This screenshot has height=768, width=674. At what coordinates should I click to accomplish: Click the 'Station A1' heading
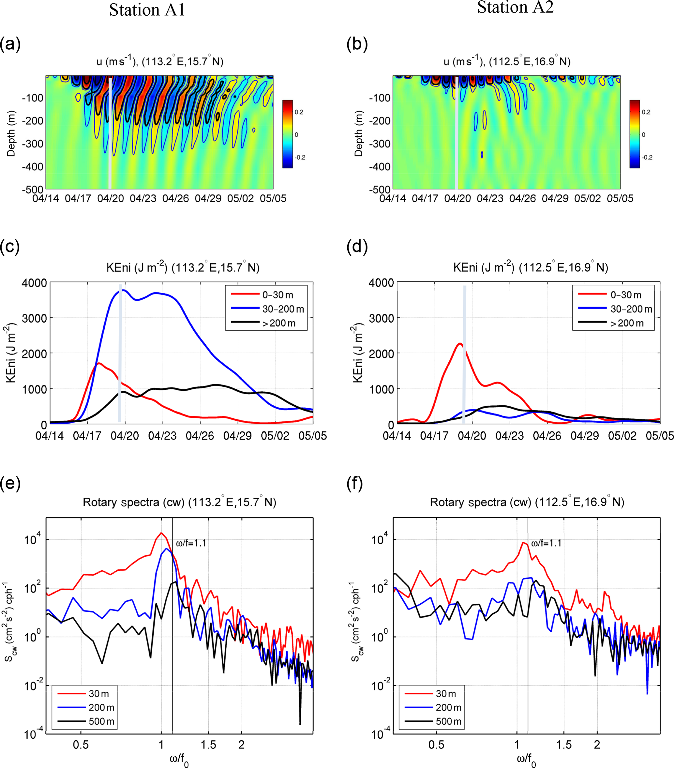tap(147, 10)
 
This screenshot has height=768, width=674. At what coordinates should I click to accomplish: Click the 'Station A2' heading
tap(515, 8)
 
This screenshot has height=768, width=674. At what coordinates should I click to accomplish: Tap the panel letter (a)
tap(10, 44)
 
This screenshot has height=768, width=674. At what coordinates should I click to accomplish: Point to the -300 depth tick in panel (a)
tap(33, 144)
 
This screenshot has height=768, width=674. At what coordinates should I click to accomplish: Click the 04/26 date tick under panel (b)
tap(522, 199)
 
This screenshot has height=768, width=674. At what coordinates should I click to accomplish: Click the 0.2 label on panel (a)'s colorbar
tap(299, 112)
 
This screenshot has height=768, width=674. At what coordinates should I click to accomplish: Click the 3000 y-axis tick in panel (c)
tap(34, 318)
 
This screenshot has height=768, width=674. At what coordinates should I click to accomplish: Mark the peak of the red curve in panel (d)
tap(459, 343)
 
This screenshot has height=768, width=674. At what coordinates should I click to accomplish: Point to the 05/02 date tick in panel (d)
tap(622, 436)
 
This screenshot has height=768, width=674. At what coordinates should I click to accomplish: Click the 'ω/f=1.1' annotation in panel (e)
tap(191, 543)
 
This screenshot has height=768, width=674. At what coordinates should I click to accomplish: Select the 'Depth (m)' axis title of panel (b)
tap(358, 133)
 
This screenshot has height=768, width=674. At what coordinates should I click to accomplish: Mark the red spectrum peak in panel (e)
tap(161, 533)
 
